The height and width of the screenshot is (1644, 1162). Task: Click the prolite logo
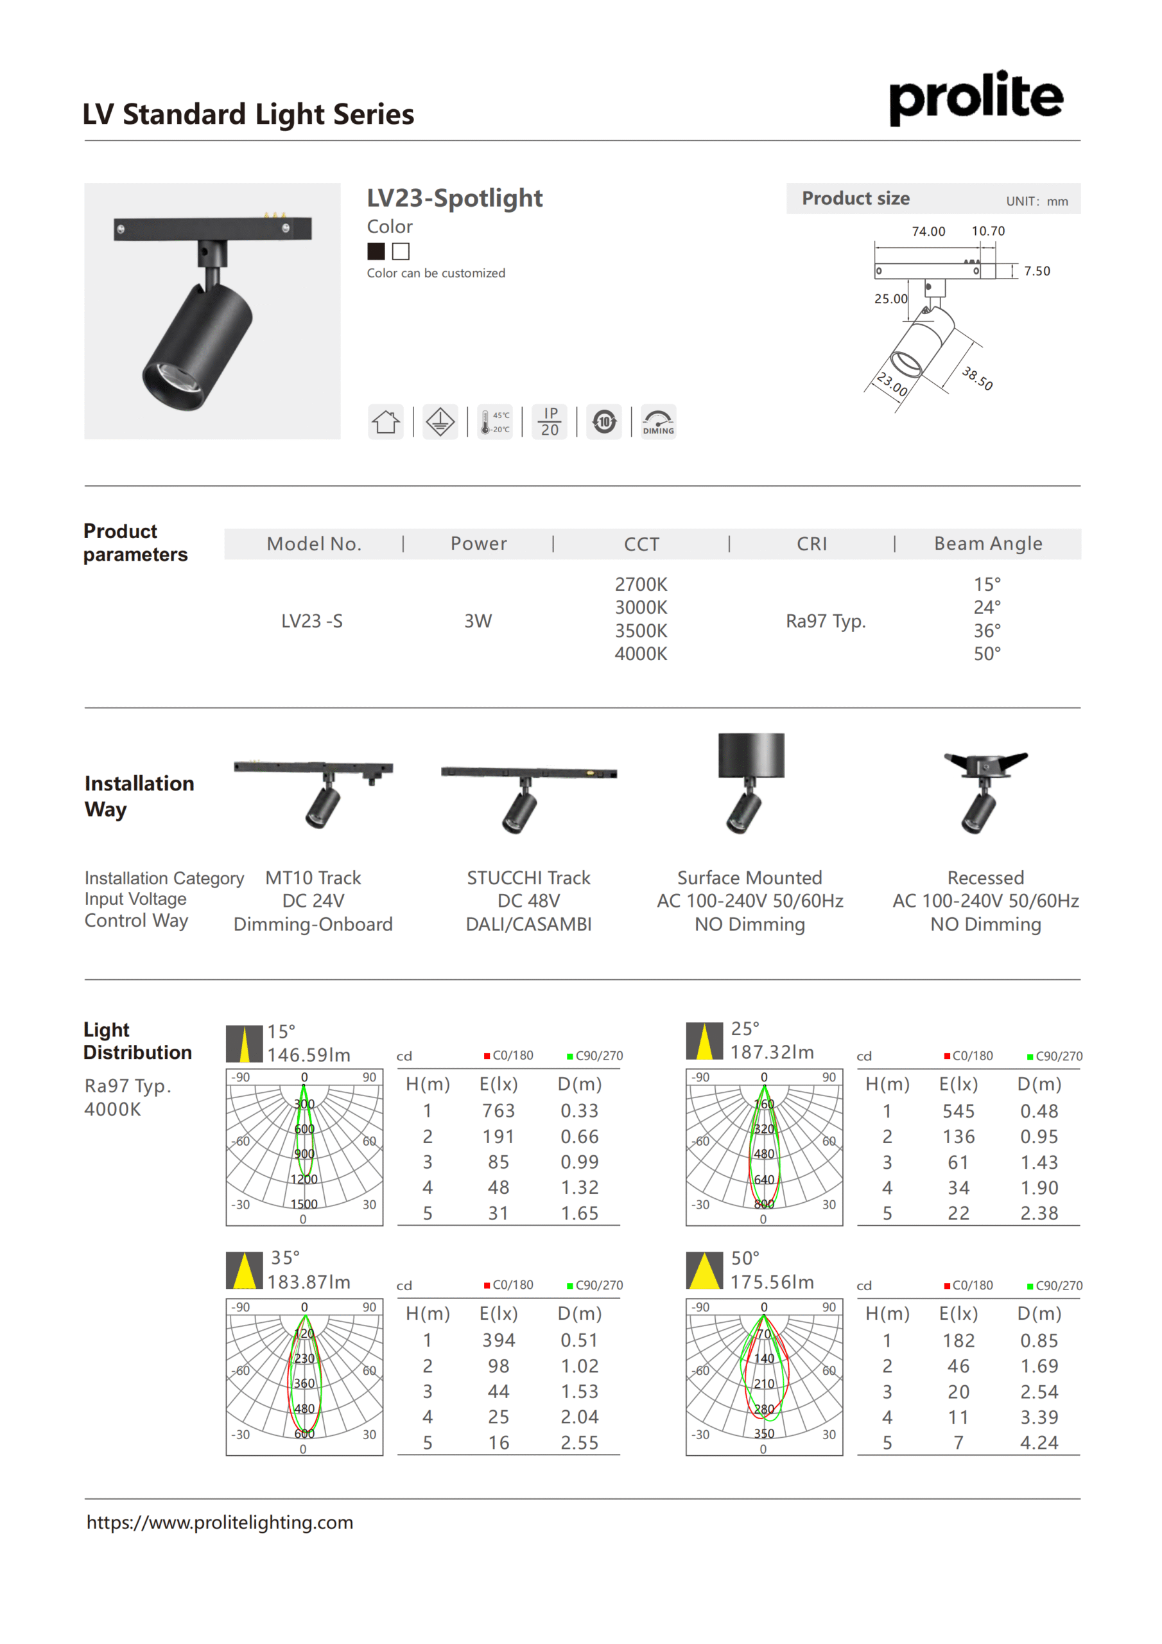coord(975,98)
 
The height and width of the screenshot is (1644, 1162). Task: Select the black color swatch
coord(376,251)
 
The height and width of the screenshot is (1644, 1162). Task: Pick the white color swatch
coord(401,251)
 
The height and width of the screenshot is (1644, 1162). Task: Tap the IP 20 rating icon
coord(549,422)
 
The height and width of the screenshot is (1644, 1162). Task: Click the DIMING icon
coord(658,422)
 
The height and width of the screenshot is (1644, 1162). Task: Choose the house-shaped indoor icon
coord(386,422)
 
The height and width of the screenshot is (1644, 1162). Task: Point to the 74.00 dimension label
coord(928,231)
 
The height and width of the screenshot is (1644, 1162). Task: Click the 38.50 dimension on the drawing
coord(977,378)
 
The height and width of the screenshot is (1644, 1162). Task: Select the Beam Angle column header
coord(988,543)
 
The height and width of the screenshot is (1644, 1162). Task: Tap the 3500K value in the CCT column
coord(641,631)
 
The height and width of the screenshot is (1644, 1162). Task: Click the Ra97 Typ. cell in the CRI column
coord(826,621)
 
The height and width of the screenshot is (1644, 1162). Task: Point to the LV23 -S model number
coord(311,621)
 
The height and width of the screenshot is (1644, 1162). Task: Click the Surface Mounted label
coord(750,878)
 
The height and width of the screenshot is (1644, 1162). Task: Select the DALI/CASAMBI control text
coord(528,924)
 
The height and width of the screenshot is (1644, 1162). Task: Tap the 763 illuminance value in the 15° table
coord(498,1110)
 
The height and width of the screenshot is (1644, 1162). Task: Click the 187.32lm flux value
coord(772,1052)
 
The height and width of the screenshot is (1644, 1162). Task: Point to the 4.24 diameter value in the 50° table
coord(1039,1443)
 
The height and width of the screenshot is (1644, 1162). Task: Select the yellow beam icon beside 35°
coord(244,1270)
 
